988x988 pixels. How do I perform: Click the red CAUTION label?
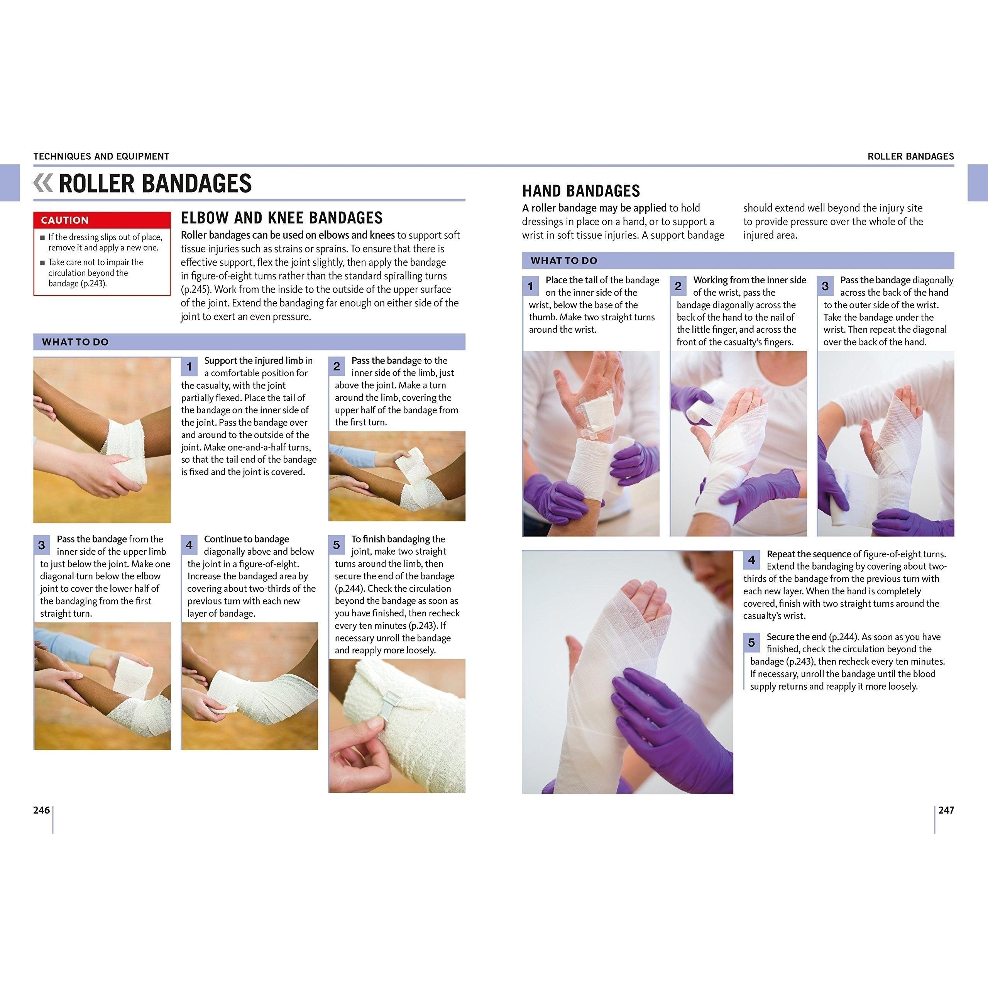point(65,220)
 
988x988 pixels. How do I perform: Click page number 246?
point(41,810)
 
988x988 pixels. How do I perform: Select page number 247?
point(946,810)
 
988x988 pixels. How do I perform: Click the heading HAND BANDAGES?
point(581,191)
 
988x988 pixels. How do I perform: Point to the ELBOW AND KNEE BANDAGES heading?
point(282,218)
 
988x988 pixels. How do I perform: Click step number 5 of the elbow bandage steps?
point(337,545)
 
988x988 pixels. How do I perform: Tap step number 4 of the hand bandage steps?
point(751,560)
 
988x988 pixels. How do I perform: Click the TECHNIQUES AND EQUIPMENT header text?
point(101,156)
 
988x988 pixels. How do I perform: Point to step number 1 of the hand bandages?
point(530,286)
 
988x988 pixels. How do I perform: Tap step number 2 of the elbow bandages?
point(337,367)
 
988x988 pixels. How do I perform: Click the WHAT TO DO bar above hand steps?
point(738,260)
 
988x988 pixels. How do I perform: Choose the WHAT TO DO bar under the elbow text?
point(249,342)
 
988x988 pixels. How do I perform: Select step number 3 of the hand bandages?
point(825,286)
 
